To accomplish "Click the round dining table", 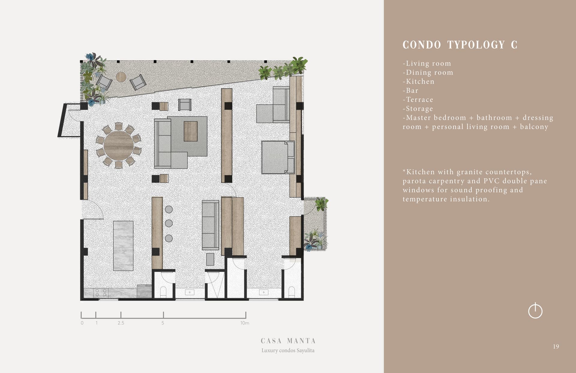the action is [118, 146].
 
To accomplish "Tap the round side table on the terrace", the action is [121, 77].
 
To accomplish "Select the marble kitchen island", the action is [123, 246].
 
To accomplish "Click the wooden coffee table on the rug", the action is [190, 131].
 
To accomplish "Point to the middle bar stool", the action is [169, 223].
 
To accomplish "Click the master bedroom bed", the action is [278, 157].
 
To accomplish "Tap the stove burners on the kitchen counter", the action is [101, 293].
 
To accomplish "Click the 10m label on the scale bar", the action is [244, 323].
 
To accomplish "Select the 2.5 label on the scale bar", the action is [121, 323].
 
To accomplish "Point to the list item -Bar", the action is [410, 90].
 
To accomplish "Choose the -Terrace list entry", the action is [418, 99].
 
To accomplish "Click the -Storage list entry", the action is [418, 109].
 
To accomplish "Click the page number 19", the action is [556, 347].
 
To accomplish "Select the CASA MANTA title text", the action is [288, 341].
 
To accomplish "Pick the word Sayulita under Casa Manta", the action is [305, 350].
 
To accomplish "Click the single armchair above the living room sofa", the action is [184, 105].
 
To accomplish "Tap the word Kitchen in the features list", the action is [420, 81].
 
